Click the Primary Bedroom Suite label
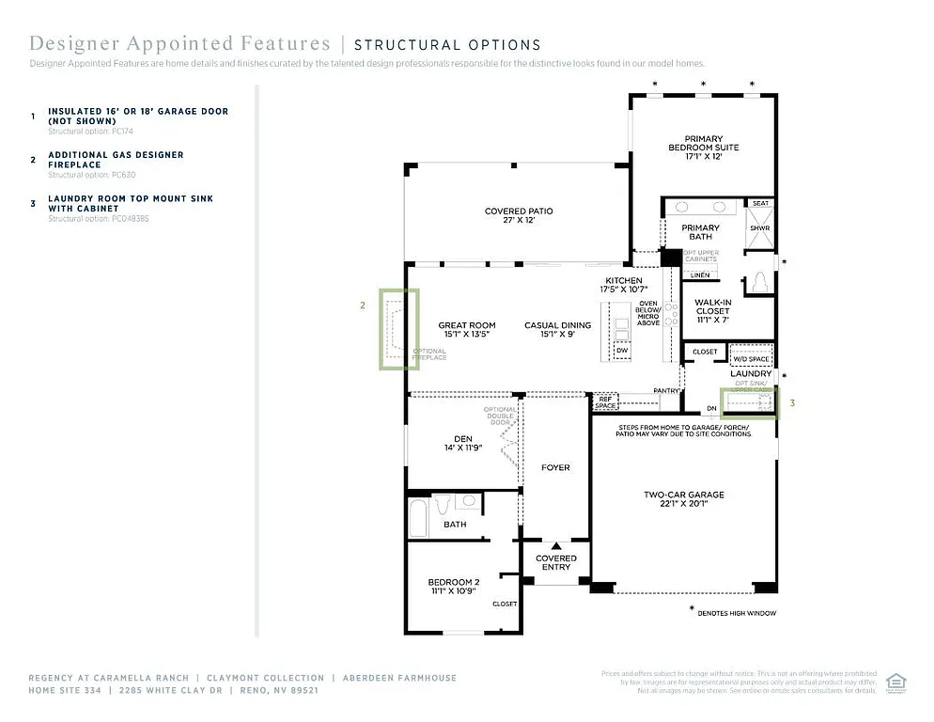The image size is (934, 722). click(x=703, y=148)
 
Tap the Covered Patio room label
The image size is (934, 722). click(x=519, y=215)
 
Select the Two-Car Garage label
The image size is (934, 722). click(x=683, y=499)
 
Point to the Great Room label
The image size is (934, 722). click(x=466, y=330)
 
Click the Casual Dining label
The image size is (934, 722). click(x=558, y=330)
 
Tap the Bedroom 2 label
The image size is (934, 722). click(x=454, y=586)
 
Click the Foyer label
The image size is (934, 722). click(x=555, y=467)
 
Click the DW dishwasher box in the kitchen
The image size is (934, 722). click(x=621, y=351)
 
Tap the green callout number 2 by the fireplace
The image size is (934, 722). click(x=362, y=305)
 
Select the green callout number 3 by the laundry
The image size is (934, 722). click(x=792, y=403)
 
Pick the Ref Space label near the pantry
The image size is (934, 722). click(x=606, y=402)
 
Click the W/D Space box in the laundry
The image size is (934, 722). click(x=751, y=359)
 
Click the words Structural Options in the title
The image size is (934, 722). click(x=447, y=44)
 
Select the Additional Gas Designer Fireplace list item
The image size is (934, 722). click(x=116, y=160)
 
